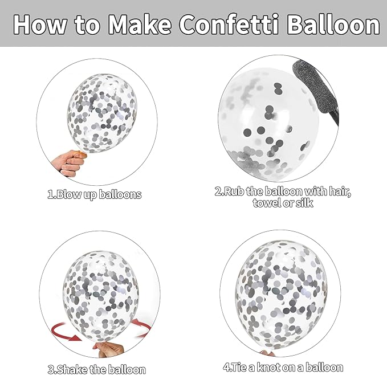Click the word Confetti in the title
tap(229, 24)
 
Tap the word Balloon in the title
tap(333, 24)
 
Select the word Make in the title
tap(140, 24)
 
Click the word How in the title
tap(40, 24)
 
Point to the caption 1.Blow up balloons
tap(95, 195)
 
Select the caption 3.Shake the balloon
tap(96, 369)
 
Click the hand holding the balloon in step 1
tap(69, 163)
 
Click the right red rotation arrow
tap(142, 327)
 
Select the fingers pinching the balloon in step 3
tap(109, 349)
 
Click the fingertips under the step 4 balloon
tap(267, 353)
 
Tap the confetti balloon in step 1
tap(101, 113)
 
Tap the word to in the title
tap(87, 25)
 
